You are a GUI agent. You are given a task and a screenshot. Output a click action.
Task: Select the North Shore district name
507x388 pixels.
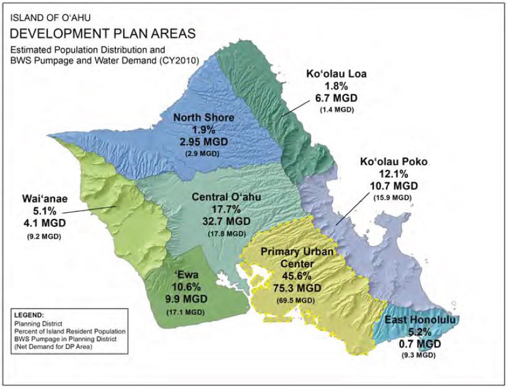coord(203,118)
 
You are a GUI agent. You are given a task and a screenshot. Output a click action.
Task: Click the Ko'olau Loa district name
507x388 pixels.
coord(337,74)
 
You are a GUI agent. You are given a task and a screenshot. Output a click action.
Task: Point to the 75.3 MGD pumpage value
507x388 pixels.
coord(297,288)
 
